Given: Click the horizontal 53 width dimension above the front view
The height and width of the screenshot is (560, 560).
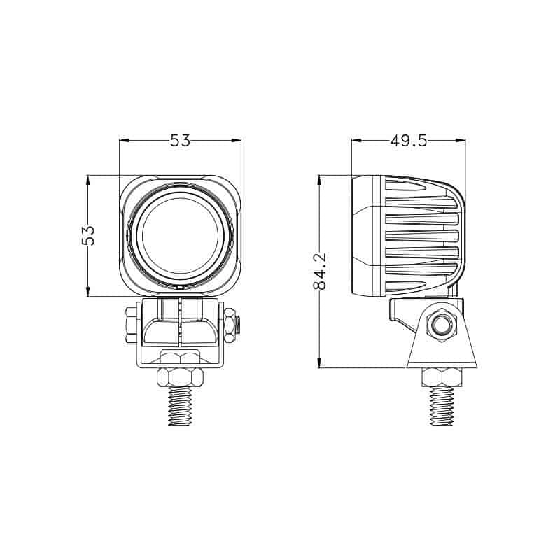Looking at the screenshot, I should pos(180,141).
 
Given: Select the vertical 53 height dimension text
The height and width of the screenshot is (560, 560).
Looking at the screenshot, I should pos(89,235).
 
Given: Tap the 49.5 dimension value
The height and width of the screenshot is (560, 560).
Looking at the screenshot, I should pos(408,141).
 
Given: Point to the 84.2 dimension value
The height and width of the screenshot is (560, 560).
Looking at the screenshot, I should pos(320,272).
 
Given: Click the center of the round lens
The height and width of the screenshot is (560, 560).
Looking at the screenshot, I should pos(181,234).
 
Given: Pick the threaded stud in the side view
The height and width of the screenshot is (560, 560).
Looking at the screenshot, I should pos(442,406).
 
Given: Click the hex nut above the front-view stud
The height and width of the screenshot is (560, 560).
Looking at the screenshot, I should pos(181,377).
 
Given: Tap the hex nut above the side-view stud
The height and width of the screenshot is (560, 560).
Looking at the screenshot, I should pos(442,377).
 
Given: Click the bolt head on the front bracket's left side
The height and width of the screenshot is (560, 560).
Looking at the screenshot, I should pos(131,325).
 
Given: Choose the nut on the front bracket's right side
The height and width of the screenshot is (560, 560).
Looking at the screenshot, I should pos(230,325).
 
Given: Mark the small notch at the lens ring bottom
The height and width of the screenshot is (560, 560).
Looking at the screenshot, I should pos(180,287).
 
